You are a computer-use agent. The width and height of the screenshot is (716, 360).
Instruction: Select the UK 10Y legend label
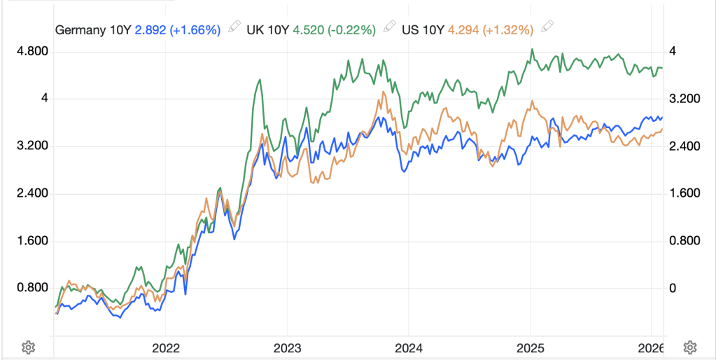click(x=269, y=29)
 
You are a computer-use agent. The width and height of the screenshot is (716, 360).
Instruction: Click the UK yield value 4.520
click(x=309, y=29)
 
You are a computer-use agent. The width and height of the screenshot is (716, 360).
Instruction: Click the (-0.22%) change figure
click(x=351, y=29)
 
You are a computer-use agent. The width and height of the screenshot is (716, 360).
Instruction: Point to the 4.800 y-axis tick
click(x=34, y=51)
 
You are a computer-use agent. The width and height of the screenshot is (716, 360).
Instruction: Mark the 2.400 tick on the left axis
click(x=34, y=193)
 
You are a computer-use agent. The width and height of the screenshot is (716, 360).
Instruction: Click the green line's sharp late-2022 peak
click(x=260, y=80)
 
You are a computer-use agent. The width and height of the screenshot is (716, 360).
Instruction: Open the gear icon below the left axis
click(x=28, y=347)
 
